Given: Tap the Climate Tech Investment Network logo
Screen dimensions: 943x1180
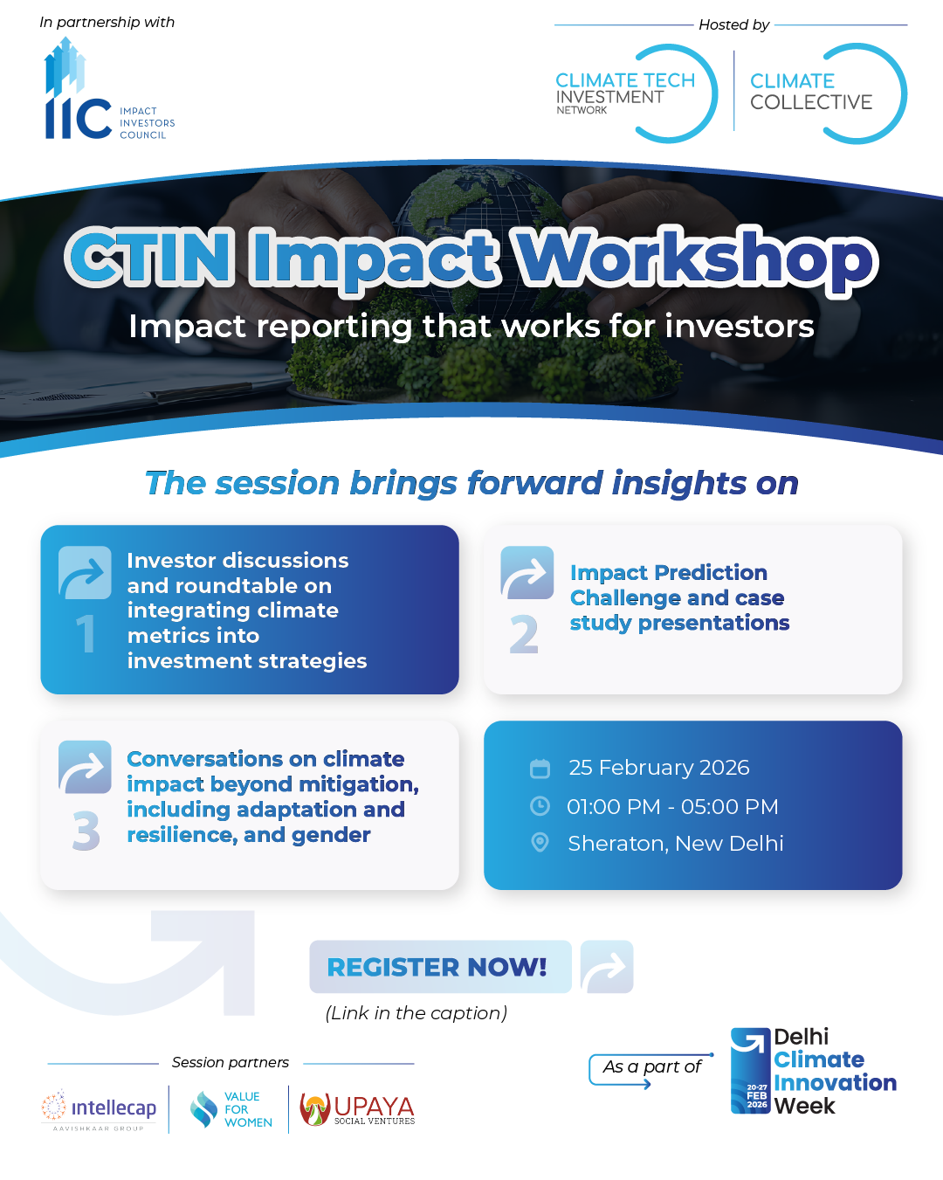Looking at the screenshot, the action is coord(636,93).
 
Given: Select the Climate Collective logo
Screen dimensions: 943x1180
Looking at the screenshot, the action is coord(828,93).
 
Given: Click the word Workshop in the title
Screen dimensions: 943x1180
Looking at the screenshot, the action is coord(693,258).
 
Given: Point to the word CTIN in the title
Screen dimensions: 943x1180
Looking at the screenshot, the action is coord(149,257).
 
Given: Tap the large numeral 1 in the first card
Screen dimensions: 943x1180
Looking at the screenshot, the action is coord(86,633).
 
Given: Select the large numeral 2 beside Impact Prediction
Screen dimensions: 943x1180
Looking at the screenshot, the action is coord(524,634).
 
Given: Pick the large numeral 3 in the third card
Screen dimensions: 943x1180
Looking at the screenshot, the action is coord(86,830).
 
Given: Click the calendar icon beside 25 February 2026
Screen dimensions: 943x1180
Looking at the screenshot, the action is coord(540,769).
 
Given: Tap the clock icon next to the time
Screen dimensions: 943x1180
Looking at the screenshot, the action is coord(540,806).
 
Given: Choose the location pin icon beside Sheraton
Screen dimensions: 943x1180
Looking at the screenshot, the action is coord(540,843).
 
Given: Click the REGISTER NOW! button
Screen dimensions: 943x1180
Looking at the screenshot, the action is coord(440,967).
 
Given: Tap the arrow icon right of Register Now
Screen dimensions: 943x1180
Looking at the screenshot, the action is coord(607,967).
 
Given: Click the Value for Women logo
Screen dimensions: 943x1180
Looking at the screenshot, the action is coord(231,1109).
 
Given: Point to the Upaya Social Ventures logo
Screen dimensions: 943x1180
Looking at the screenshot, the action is coord(357,1109).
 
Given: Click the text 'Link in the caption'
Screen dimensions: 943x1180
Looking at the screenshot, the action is coord(416,1013).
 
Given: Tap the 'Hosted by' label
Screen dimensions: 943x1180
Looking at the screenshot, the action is coord(734,24).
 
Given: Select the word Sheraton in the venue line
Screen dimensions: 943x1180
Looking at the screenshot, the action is coord(618,844).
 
